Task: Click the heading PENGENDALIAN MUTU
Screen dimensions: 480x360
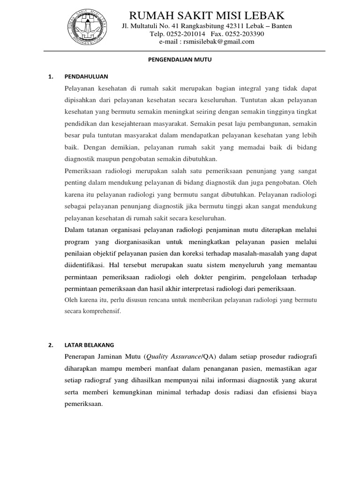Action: tap(180, 60)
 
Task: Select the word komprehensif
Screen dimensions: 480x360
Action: tap(102, 310)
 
